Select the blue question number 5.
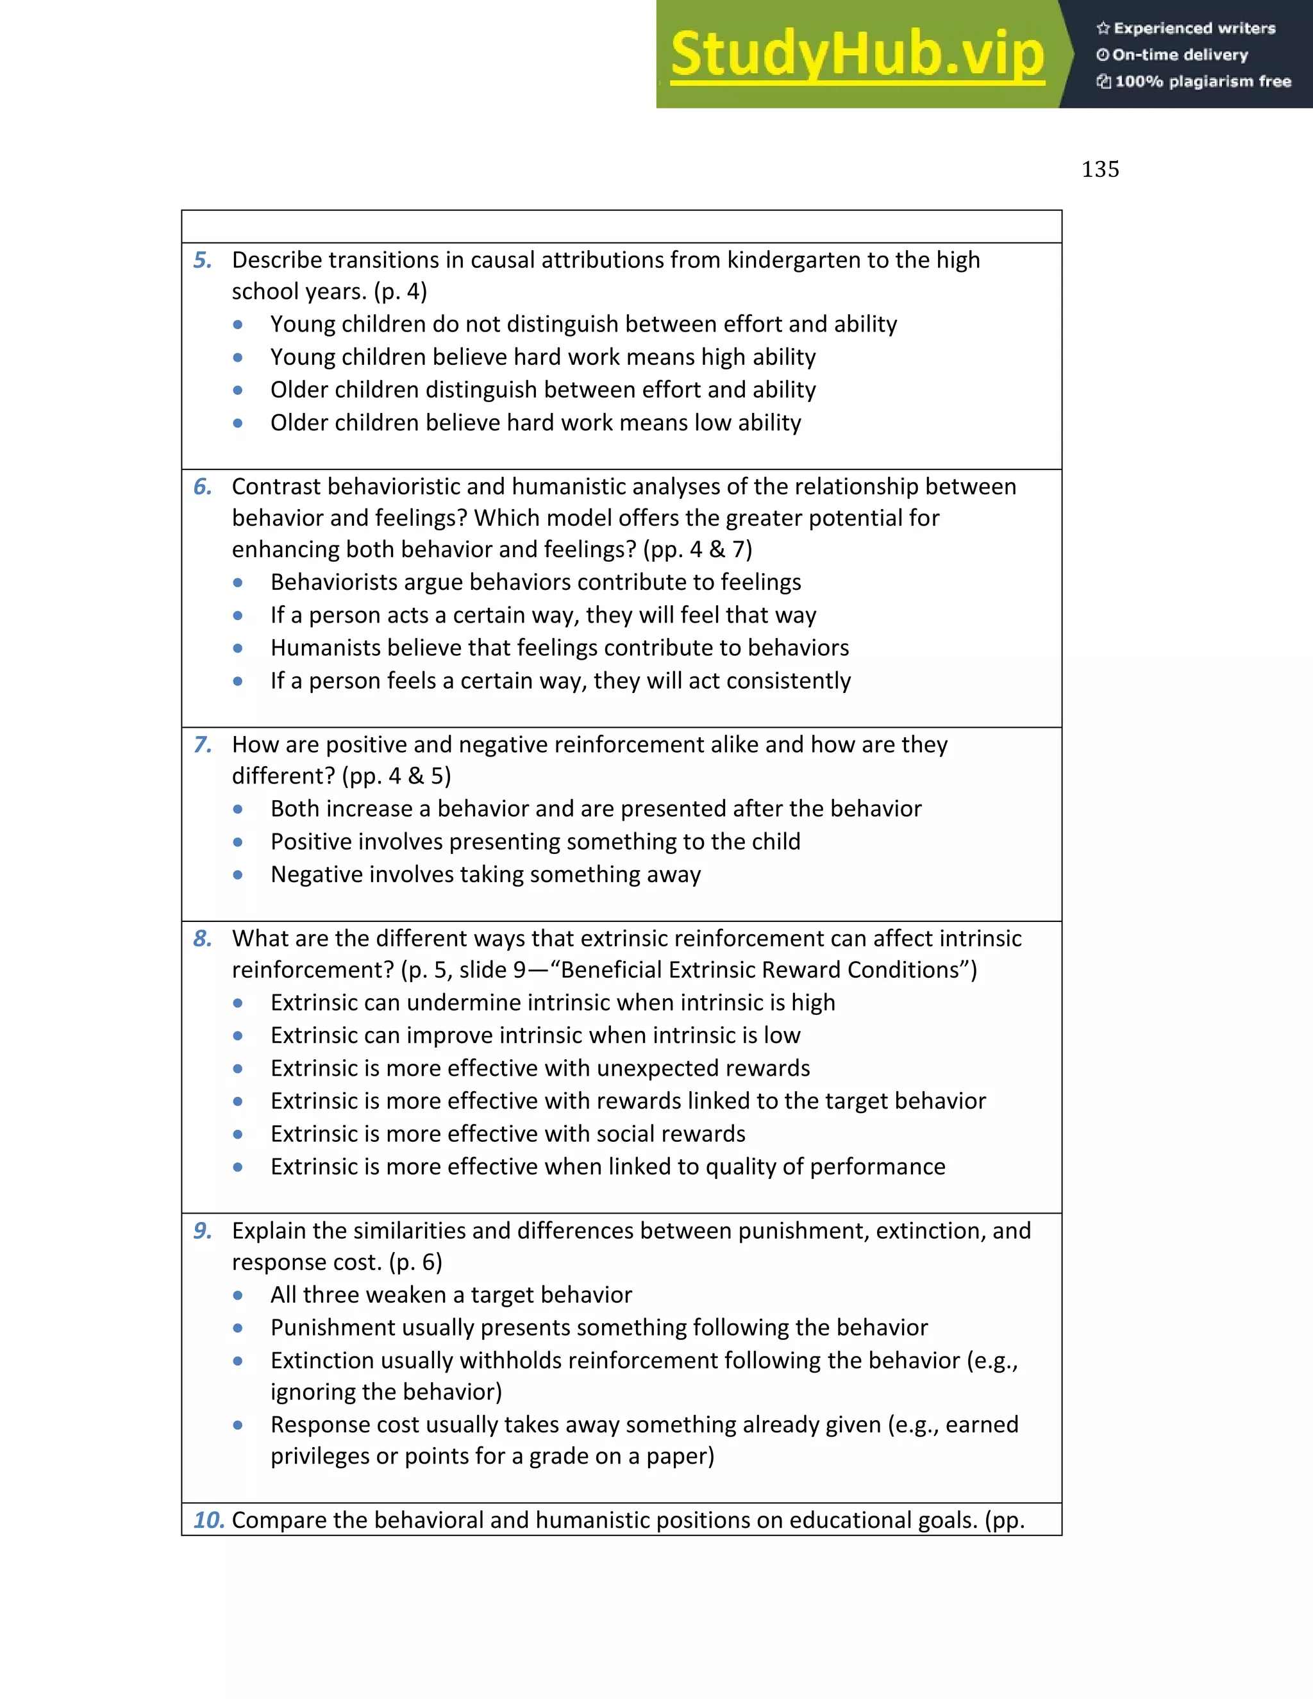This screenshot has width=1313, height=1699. [202, 260]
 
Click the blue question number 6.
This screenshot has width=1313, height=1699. [202, 487]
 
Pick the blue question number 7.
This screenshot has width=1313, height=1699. [202, 745]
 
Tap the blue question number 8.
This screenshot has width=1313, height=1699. [202, 939]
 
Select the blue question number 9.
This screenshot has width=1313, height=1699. [202, 1231]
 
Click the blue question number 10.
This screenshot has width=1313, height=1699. [208, 1520]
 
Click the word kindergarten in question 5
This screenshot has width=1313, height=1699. [794, 260]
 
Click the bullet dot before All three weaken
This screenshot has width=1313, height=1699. [238, 1296]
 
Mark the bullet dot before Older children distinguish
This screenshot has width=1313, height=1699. [238, 390]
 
